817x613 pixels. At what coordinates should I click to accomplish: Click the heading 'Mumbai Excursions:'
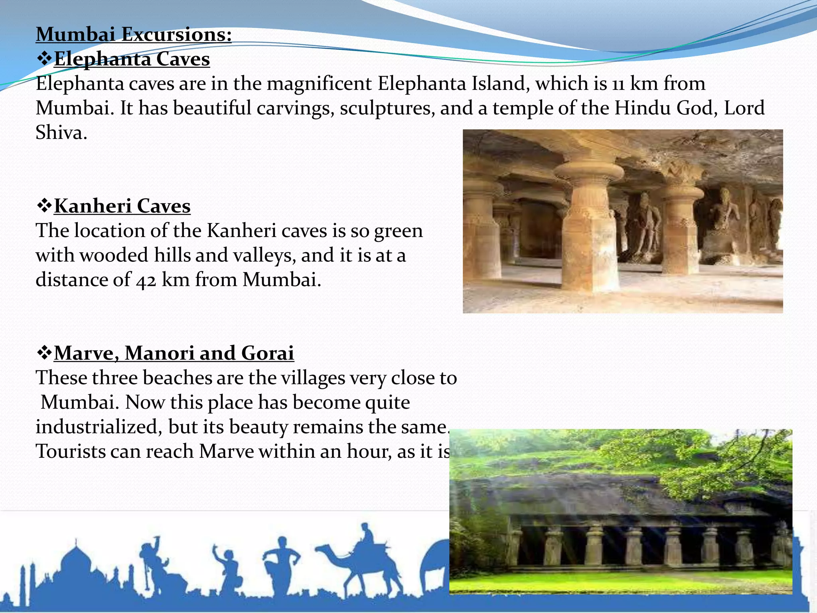coord(134,34)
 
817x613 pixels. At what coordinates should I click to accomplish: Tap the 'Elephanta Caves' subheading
coord(132,59)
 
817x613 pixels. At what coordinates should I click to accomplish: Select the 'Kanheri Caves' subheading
coord(122,206)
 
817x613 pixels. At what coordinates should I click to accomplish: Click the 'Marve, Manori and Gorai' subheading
coord(174,353)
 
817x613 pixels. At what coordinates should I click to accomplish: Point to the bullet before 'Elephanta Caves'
coord(44,59)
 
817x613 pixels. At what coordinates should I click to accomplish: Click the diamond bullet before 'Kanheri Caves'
coord(44,206)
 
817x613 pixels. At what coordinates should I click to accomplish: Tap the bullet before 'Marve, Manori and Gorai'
coord(44,353)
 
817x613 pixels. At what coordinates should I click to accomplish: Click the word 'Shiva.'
coord(61,133)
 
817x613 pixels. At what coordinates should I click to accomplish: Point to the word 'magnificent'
coord(319,84)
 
